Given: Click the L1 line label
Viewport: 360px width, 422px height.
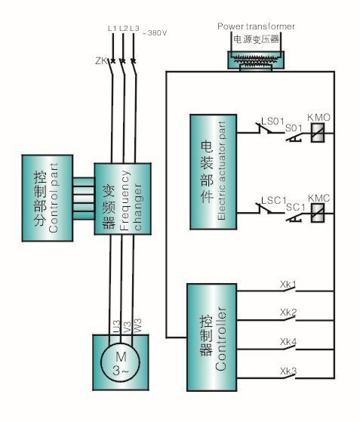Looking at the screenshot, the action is pos(112,28).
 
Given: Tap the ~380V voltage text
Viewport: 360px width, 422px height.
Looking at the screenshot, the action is pos(155,33).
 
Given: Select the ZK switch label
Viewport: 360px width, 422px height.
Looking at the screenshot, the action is pos(101,61).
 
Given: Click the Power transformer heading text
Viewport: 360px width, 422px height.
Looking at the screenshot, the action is pos(256,26).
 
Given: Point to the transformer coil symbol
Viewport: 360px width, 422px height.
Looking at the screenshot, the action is pos(256,60).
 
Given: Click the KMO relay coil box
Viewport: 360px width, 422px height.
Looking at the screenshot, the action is pos(318,133).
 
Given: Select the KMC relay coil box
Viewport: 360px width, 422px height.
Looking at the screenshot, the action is pos(318,213).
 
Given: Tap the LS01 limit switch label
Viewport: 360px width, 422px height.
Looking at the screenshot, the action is pos(272,122).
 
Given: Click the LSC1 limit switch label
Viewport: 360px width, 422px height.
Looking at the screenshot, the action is pos(274,200).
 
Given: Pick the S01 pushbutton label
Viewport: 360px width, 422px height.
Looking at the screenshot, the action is pos(294,128).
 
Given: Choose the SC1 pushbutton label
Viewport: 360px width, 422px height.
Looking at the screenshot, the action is pos(296,207).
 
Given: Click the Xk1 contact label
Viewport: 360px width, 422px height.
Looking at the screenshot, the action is pos(288,284).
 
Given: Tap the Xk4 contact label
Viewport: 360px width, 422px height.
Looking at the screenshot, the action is pos(288,342).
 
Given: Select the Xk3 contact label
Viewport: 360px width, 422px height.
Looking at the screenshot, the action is pos(288,371).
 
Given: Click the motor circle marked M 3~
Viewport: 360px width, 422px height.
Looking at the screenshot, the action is pos(120,362).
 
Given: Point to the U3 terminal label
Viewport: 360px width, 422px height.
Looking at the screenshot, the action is pos(116,327).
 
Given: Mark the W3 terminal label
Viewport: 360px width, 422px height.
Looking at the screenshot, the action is pos(137,326).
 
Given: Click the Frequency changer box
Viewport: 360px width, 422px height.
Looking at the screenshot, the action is pos(122,199).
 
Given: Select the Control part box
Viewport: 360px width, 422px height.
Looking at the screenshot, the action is pos(48,198).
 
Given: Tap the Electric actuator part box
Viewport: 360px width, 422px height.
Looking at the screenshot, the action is pos(214,172).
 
